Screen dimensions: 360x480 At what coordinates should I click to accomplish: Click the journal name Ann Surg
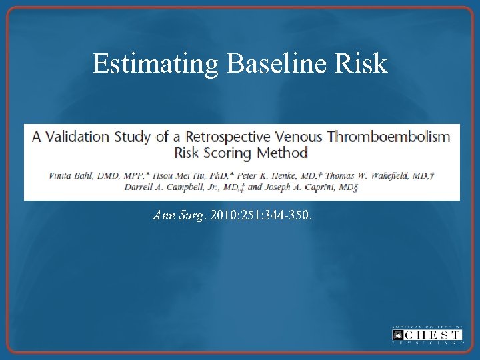click(x=179, y=216)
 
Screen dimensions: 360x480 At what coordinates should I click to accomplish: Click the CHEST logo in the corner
click(x=427, y=335)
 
